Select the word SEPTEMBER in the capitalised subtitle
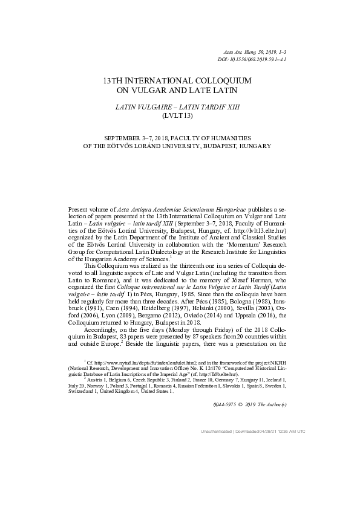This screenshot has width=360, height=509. click(127, 138)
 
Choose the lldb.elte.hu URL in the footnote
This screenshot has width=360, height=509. click(239, 375)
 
